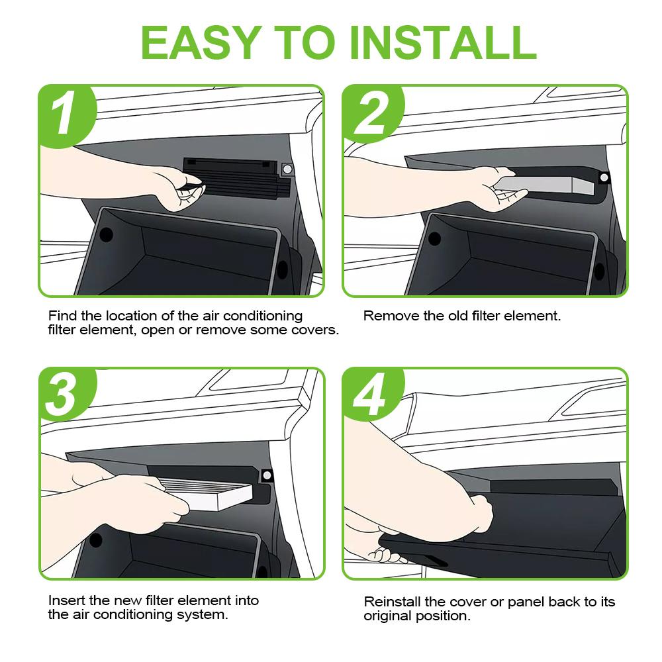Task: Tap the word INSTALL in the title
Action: click(444, 42)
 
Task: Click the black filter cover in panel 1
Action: click(236, 178)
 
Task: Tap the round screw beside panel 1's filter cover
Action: click(287, 169)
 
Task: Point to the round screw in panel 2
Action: click(604, 177)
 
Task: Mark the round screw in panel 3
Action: click(267, 475)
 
